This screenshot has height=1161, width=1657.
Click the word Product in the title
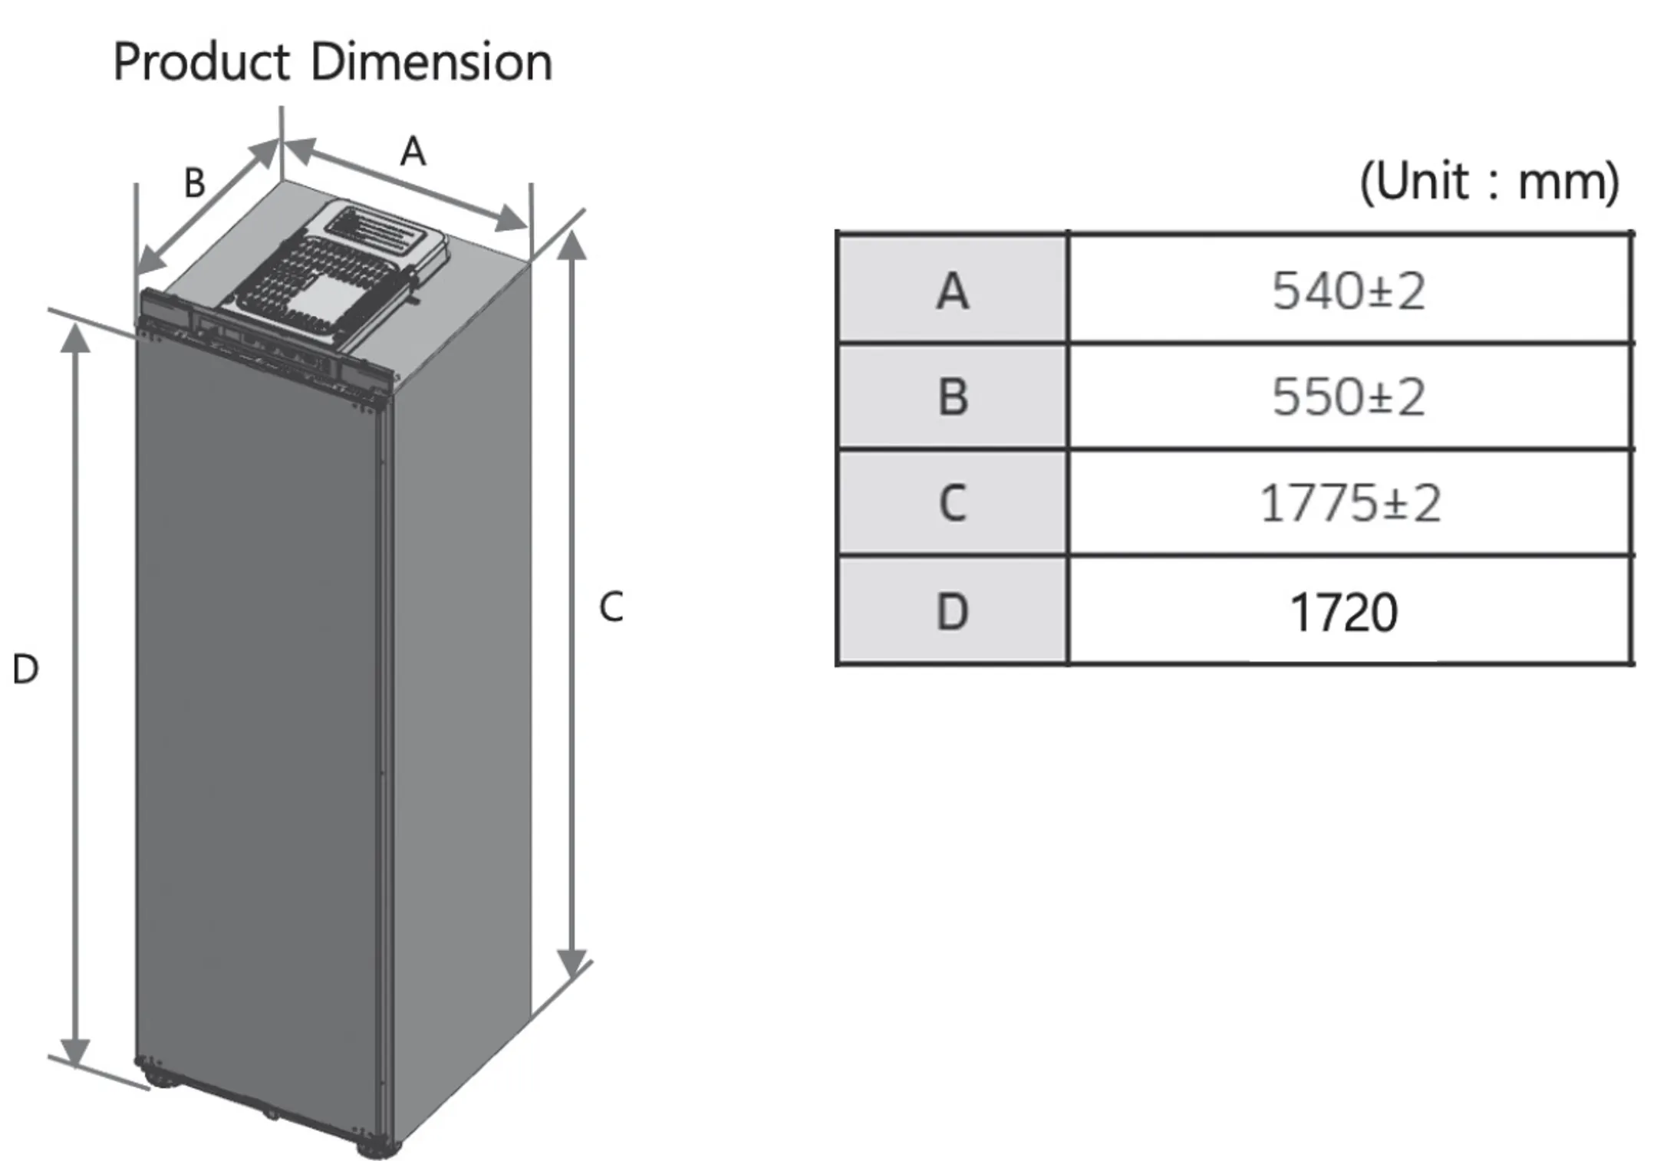tap(201, 63)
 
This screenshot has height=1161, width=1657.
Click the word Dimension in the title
tap(431, 63)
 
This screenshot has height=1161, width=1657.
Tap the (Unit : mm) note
tap(1488, 183)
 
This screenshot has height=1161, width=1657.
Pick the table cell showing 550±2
tap(1349, 397)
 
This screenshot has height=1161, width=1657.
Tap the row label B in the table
tap(952, 397)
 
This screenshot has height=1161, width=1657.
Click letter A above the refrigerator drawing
tap(413, 151)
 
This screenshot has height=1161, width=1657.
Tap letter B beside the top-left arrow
tap(195, 183)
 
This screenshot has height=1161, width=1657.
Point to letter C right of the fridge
tap(611, 607)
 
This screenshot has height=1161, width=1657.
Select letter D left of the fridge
tap(25, 669)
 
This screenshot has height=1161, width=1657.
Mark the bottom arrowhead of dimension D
tap(75, 1052)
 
